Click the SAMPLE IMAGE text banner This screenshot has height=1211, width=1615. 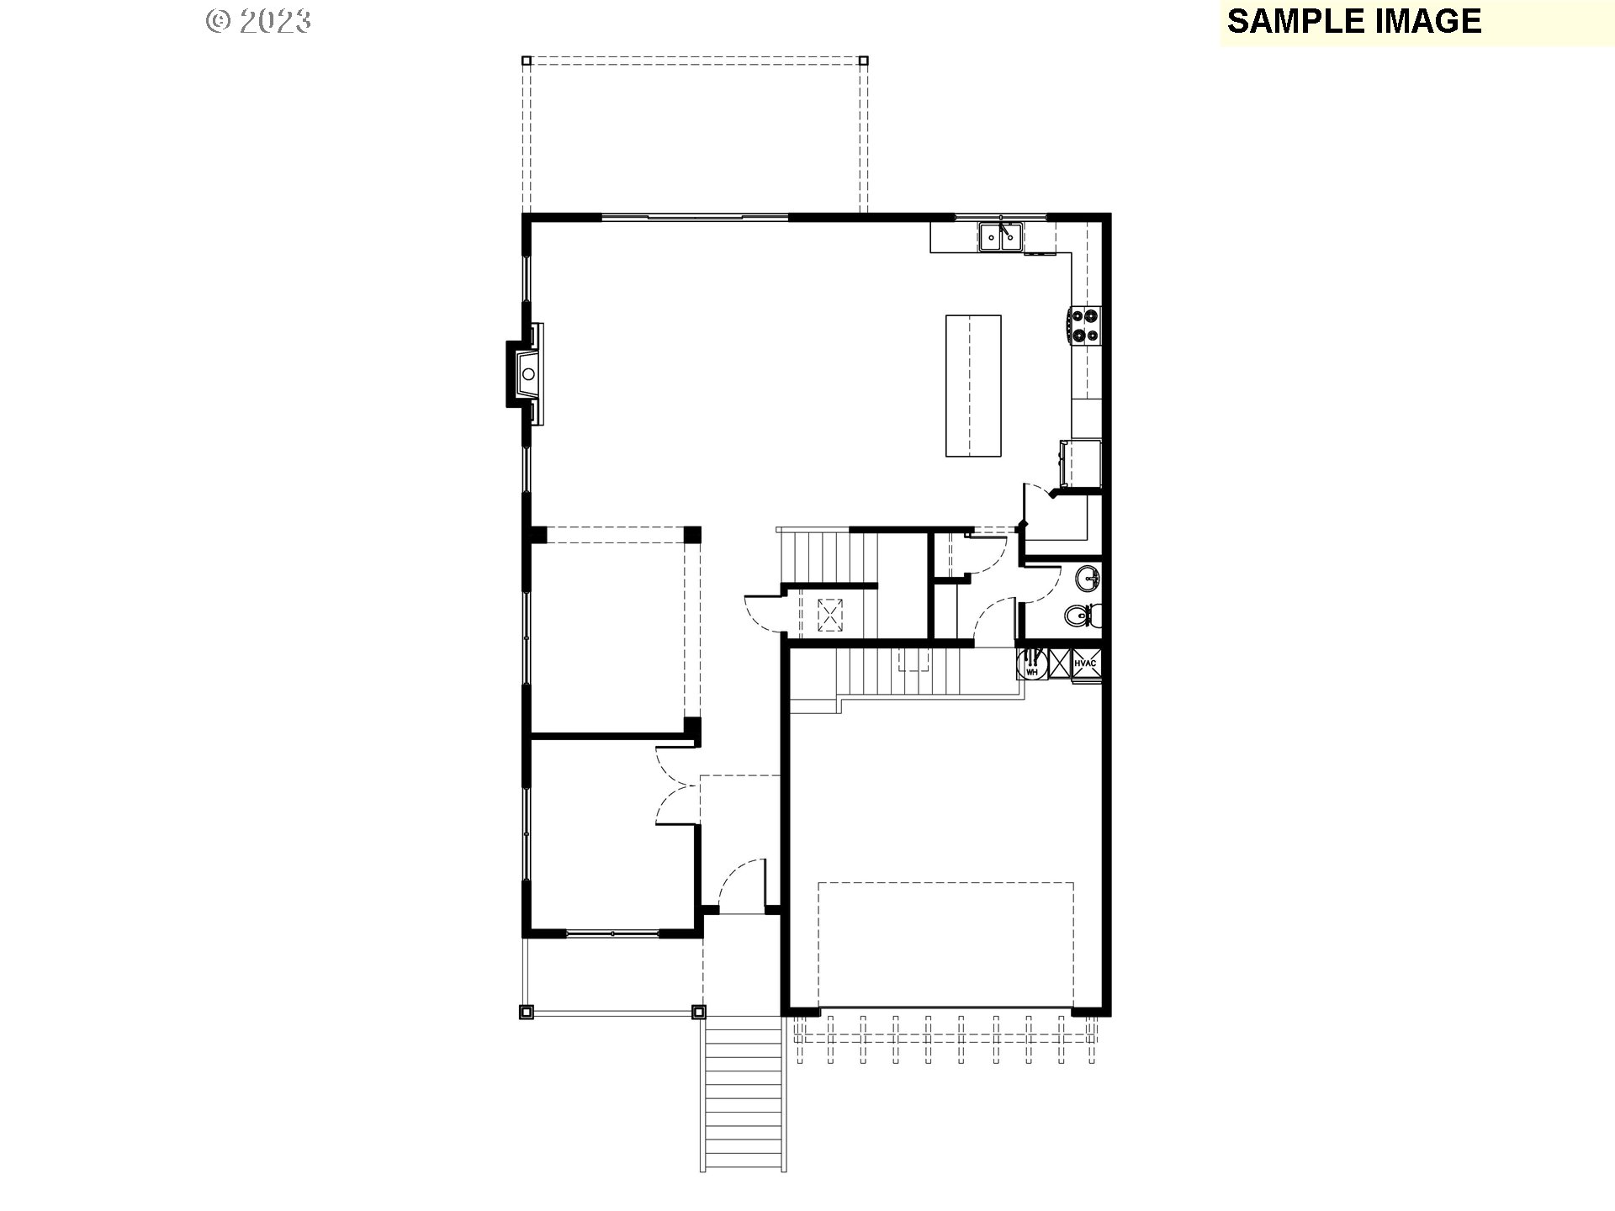click(x=1353, y=21)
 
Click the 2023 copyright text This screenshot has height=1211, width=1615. click(x=259, y=21)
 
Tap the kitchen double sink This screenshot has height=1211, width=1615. click(x=1000, y=237)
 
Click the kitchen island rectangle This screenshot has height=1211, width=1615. click(x=973, y=385)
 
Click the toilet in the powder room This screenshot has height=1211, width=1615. click(x=1079, y=616)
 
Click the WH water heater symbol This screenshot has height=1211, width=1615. click(x=1031, y=664)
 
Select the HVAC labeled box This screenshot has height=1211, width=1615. click(x=1085, y=664)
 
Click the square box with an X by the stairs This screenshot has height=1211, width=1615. click(x=831, y=614)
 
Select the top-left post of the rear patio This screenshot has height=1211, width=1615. click(x=527, y=61)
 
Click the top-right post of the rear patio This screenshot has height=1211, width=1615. click(x=864, y=61)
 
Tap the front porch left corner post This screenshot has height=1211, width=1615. click(x=527, y=1012)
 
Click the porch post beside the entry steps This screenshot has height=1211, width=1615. click(x=697, y=1012)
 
